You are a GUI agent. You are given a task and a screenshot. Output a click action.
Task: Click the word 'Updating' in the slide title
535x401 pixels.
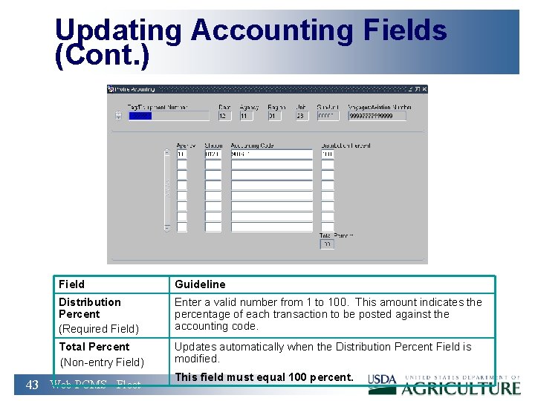(117, 30)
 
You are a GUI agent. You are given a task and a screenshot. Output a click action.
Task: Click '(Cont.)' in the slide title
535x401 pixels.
(102, 56)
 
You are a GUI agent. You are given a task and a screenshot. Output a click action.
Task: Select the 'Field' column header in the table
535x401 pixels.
(72, 284)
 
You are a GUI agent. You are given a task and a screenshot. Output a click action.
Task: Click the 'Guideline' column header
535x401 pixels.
(200, 284)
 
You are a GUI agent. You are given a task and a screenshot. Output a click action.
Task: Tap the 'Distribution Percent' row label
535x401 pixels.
(89, 307)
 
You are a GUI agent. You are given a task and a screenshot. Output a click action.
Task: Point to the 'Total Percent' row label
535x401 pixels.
(94, 347)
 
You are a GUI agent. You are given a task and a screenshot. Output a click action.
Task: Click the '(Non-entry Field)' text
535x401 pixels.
(101, 362)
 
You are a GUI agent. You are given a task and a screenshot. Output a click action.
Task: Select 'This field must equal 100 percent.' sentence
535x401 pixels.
(264, 377)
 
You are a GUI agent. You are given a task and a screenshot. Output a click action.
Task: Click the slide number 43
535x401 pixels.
(32, 385)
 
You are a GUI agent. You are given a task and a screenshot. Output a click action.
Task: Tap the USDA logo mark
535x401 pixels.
(383, 380)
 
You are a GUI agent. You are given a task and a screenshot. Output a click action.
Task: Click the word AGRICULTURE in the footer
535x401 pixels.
(461, 388)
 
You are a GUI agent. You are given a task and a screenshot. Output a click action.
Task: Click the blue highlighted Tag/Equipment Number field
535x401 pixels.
(169, 116)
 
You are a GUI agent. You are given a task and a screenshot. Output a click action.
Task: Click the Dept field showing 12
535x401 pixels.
(224, 116)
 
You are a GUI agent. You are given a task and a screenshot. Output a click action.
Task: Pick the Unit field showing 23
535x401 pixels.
(301, 116)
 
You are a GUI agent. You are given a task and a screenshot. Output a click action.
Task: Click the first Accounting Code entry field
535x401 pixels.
(271, 154)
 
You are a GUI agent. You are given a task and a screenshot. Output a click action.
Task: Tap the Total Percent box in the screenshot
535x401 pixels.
(327, 244)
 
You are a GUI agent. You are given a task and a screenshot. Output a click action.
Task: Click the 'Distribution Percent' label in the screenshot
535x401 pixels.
(346, 146)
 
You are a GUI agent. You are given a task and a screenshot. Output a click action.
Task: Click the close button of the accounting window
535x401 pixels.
(424, 89)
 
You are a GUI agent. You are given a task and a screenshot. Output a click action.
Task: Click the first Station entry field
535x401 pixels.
(213, 154)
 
